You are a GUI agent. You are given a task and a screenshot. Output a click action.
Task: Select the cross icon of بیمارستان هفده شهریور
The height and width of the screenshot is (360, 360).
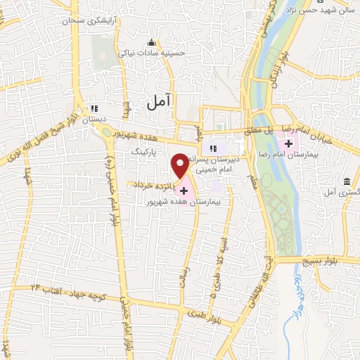pyautogui.click(x=184, y=191)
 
